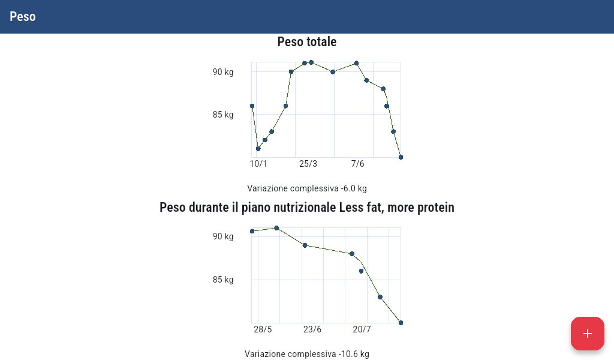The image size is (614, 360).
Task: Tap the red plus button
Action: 587,334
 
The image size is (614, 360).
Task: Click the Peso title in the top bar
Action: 23,17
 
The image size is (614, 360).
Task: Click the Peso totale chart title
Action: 306,42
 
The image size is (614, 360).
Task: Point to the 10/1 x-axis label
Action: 258,164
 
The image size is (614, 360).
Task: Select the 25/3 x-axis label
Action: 308,164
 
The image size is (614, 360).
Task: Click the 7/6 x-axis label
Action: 357,164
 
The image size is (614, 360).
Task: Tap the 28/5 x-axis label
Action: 263,329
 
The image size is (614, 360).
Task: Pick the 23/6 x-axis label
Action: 312,329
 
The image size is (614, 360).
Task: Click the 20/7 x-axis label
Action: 362,329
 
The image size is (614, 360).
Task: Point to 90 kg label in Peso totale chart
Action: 223,72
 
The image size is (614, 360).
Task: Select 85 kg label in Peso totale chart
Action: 223,115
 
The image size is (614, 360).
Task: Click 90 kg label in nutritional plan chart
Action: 223,236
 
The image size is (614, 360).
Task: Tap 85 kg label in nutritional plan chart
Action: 223,280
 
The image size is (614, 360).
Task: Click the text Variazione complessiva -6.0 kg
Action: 306,188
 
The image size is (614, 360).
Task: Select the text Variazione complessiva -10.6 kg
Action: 306,354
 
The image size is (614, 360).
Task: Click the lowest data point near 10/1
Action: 258,149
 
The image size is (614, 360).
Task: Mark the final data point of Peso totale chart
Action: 401,157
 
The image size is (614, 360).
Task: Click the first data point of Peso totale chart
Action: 252,106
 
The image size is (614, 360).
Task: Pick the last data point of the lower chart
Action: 401,323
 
